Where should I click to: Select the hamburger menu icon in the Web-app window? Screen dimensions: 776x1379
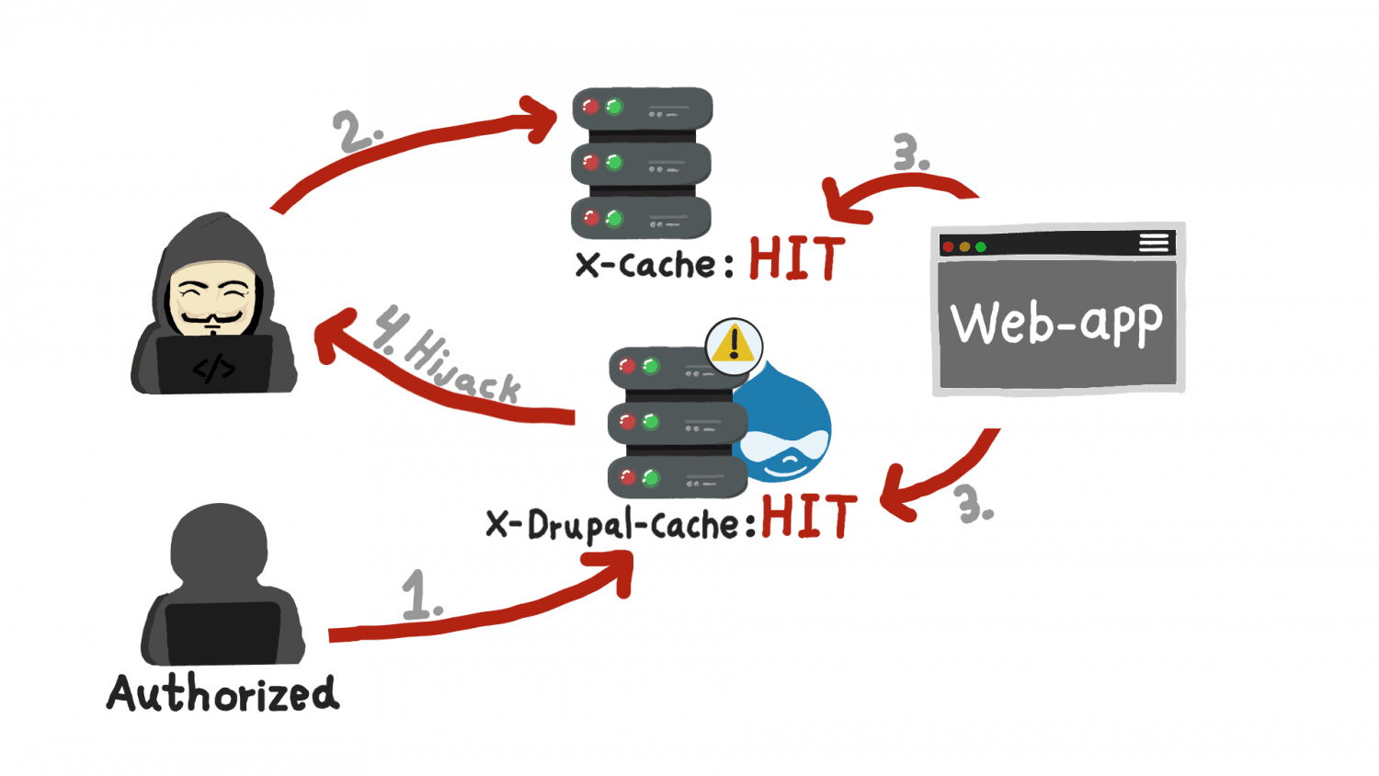coord(1154,243)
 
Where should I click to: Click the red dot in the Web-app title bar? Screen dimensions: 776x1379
coord(948,246)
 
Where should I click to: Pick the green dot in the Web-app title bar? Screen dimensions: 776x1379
coord(981,246)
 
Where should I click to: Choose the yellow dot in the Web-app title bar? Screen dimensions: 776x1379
coord(964,246)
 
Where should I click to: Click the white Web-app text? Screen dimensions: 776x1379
coord(1056,323)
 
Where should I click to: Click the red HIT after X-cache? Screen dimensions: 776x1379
coord(795,259)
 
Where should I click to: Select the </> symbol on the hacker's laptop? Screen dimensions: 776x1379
coord(214,368)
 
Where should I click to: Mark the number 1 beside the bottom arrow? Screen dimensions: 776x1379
coord(420,596)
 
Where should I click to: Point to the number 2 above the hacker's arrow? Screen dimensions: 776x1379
coord(356,131)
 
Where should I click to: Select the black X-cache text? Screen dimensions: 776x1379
coord(644,264)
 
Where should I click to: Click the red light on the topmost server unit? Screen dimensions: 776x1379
coord(590,107)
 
